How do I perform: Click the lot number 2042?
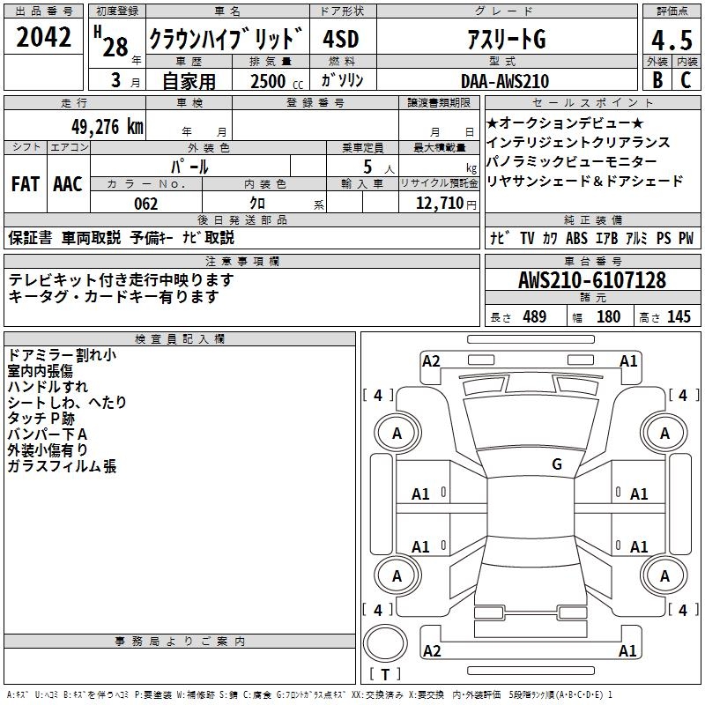click(x=43, y=37)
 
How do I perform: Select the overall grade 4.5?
click(x=672, y=40)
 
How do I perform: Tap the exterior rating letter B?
click(x=657, y=80)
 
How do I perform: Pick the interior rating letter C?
click(x=686, y=80)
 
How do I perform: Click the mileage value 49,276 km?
click(x=108, y=127)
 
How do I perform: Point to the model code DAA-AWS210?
click(x=505, y=81)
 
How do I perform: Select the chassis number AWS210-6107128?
click(x=591, y=280)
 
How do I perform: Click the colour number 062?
click(x=146, y=204)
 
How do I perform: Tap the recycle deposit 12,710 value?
click(x=439, y=204)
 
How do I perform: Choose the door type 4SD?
click(x=341, y=39)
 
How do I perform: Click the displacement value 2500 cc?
click(x=277, y=81)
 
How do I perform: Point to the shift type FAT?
click(x=26, y=184)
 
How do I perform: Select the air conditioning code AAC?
click(x=68, y=184)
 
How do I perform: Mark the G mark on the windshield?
click(x=557, y=464)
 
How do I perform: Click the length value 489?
click(x=535, y=316)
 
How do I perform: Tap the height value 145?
click(x=679, y=316)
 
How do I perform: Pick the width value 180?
click(x=608, y=316)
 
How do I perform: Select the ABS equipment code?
click(x=576, y=238)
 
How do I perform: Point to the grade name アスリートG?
click(x=506, y=39)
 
